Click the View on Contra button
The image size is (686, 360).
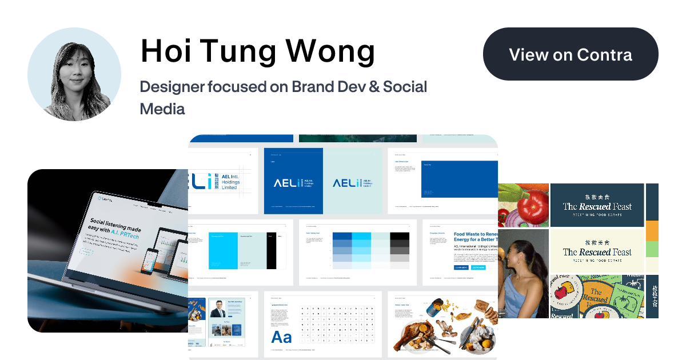click(571, 54)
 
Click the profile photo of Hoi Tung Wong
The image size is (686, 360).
click(74, 74)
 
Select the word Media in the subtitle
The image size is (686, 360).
click(162, 109)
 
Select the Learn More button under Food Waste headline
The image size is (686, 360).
click(461, 267)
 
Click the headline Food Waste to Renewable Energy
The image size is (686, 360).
click(475, 238)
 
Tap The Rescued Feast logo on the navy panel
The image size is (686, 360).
click(597, 206)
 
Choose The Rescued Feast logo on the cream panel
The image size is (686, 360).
click(597, 251)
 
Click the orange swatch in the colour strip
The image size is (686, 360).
click(652, 231)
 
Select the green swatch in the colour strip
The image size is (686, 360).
click(652, 249)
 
